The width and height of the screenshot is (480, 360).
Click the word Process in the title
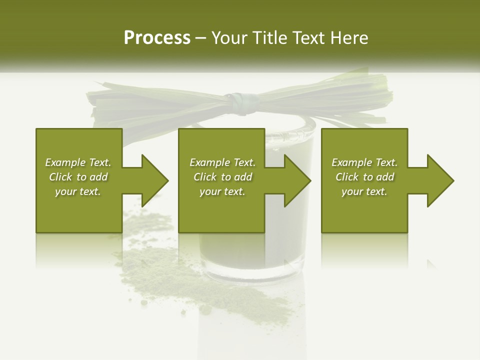(157, 38)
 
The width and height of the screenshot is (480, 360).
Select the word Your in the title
(229, 38)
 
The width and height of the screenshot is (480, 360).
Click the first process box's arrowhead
(154, 180)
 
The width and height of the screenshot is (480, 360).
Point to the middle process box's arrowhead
(297, 180)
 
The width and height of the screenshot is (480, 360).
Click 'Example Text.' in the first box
(78, 162)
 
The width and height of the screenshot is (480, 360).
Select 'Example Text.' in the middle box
(222, 162)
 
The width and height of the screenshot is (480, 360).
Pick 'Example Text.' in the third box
(364, 162)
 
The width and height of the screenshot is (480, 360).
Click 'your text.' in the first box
(78, 191)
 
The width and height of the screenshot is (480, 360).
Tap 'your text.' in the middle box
(222, 191)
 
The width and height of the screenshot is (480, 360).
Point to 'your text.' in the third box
(364, 191)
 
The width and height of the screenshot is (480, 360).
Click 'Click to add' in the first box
(78, 177)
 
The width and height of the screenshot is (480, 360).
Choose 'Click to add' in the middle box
(222, 177)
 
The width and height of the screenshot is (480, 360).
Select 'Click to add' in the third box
(364, 177)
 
